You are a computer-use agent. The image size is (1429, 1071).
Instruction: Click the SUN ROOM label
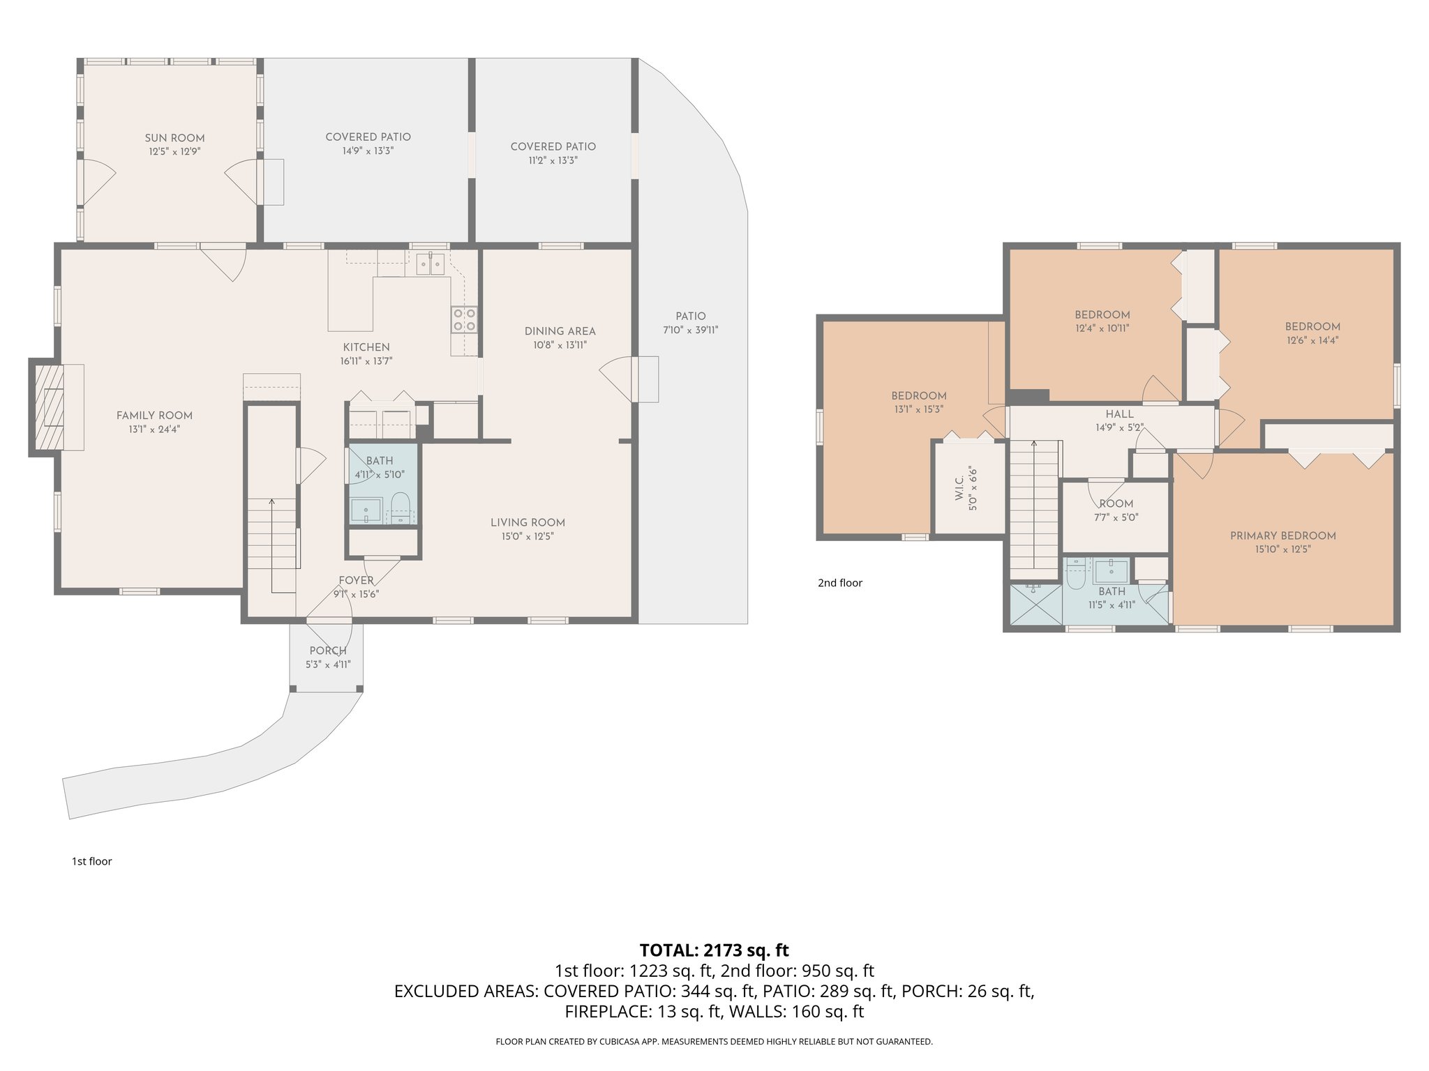pyautogui.click(x=174, y=138)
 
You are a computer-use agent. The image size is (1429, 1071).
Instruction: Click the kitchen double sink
pyautogui.click(x=431, y=265)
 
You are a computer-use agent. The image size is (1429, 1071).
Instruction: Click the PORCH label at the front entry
pyautogui.click(x=327, y=651)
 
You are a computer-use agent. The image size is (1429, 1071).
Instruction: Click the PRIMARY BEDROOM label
pyautogui.click(x=1282, y=535)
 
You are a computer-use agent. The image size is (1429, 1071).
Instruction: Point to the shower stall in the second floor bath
pyautogui.click(x=1036, y=604)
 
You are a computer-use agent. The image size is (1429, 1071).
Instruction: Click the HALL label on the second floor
pyautogui.click(x=1119, y=414)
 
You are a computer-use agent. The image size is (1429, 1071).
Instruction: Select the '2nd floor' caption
pyautogui.click(x=840, y=583)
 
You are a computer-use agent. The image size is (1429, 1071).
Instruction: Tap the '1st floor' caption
pyautogui.click(x=91, y=861)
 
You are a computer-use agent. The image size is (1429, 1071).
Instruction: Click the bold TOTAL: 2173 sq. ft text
pyautogui.click(x=714, y=950)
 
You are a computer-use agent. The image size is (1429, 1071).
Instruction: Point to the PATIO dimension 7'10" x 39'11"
pyautogui.click(x=690, y=331)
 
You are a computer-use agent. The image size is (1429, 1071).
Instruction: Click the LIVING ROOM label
pyautogui.click(x=528, y=522)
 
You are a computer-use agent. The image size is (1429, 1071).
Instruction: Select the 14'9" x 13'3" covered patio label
pyautogui.click(x=368, y=151)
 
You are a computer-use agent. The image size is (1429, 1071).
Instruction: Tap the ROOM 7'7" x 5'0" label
pyautogui.click(x=1116, y=503)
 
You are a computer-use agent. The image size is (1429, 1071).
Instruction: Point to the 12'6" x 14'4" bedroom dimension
pyautogui.click(x=1312, y=341)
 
